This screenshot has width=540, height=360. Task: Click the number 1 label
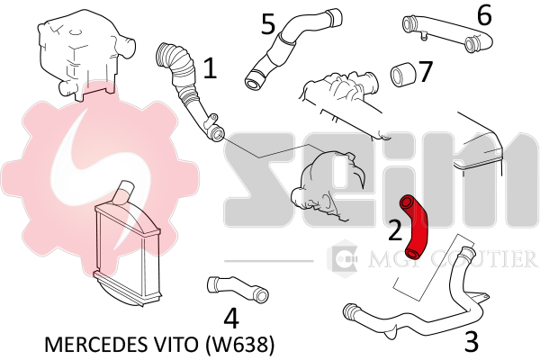[x=210, y=67]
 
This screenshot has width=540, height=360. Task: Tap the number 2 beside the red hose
[x=395, y=229]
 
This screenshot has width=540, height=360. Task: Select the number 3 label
[x=472, y=341]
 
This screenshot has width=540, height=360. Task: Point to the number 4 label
[x=231, y=318]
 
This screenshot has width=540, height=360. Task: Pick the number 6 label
[x=484, y=15]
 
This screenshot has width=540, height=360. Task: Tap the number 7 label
[x=426, y=71]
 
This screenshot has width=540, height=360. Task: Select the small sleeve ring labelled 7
[x=401, y=75]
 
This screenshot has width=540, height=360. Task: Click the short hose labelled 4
[x=238, y=289]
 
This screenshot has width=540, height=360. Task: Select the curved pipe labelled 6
[x=447, y=32]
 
